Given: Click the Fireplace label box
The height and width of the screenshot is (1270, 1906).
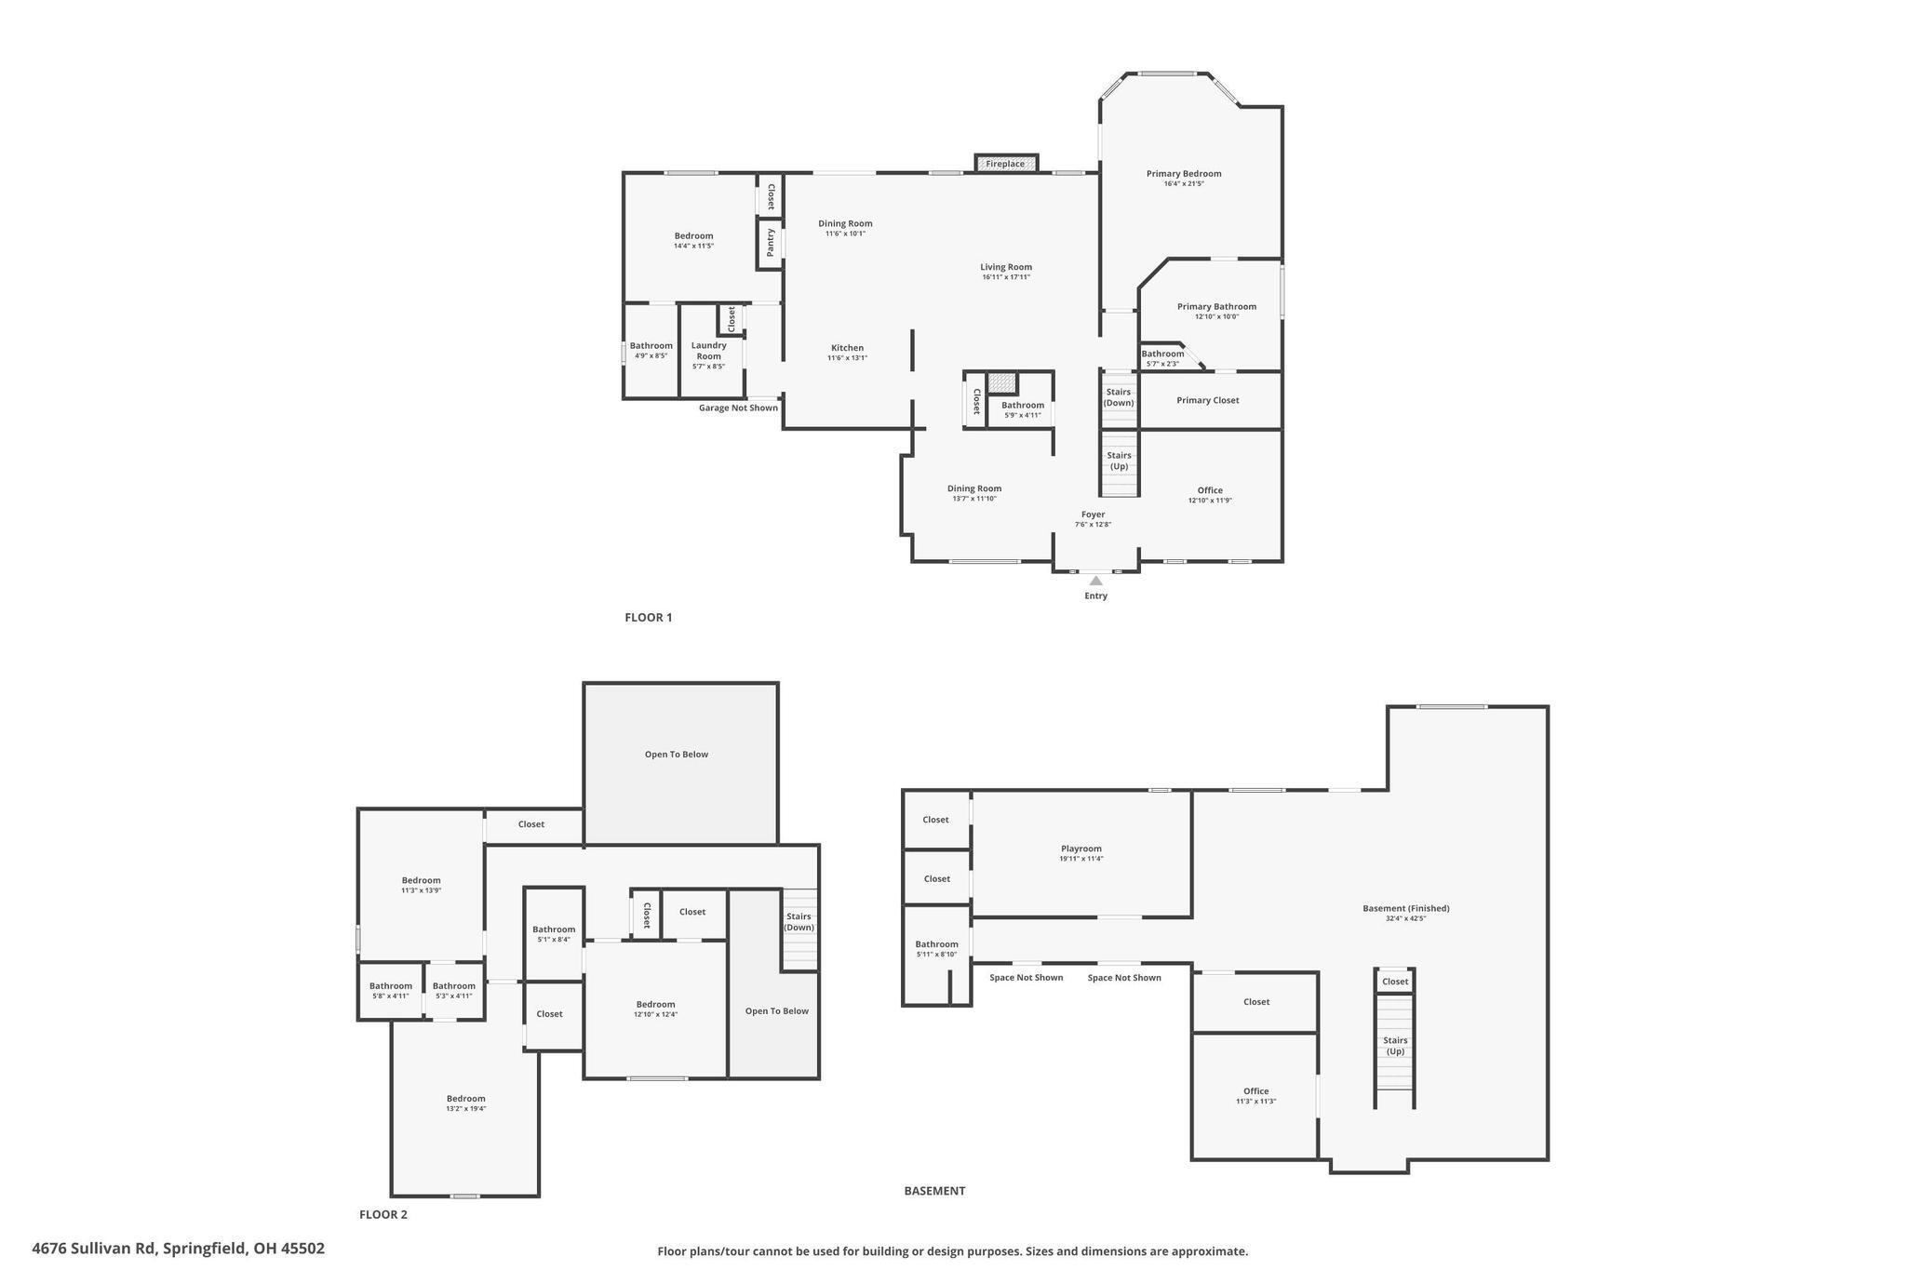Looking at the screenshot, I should pos(1005,164).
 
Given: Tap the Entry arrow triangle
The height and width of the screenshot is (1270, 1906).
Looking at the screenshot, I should pos(1095,581).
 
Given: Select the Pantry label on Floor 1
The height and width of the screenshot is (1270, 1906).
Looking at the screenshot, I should pos(771,243).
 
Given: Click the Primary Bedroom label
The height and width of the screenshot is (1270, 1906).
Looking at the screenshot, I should pos(1183,173).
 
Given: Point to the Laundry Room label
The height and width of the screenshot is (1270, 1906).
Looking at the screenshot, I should pos(708,351).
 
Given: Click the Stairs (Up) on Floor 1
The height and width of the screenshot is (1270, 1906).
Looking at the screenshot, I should pos(1119,461).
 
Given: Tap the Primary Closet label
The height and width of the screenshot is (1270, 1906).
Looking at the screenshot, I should pos(1207,400).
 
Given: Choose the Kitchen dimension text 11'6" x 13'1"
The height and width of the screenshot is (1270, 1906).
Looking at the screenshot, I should pos(847,358).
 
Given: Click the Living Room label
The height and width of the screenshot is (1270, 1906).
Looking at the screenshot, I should pos(1005,267).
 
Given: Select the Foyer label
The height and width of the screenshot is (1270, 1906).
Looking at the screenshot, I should pos(1093,515).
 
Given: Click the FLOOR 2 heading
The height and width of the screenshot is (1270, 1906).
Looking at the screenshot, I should pos(383,1214).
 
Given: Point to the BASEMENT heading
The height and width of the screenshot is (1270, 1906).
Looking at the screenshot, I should pos(934,1191).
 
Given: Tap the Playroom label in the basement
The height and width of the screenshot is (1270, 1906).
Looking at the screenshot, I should pos(1081,849).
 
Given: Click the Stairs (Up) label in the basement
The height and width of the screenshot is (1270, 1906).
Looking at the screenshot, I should pos(1395,1046).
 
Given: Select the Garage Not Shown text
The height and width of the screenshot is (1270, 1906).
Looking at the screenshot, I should pos(738,408).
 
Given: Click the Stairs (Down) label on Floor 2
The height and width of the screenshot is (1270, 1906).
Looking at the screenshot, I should pos(799,922).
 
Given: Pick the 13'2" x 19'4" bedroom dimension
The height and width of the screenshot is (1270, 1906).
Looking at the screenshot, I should pos(465,1109).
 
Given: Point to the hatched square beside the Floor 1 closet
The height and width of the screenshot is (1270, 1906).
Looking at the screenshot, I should pos(1001,383).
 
